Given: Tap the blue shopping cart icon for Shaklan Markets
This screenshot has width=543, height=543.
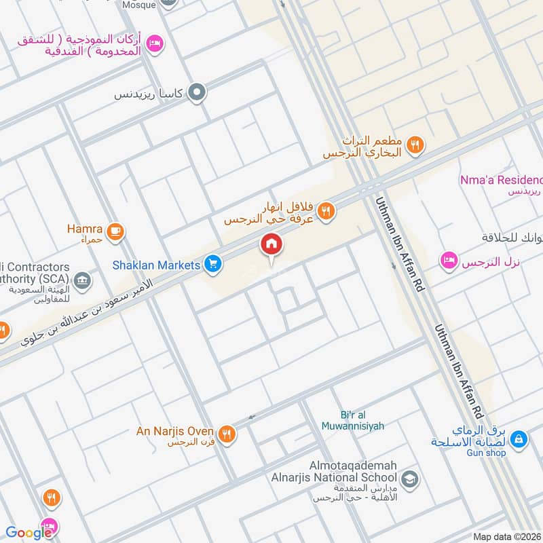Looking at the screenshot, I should [x=213, y=265].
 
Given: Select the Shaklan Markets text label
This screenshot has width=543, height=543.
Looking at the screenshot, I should [x=166, y=265].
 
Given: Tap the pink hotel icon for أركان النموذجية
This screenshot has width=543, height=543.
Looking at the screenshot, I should [x=154, y=43].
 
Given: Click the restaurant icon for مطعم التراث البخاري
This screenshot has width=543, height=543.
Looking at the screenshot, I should [x=416, y=144].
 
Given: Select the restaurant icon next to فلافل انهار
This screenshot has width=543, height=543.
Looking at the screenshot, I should [x=326, y=211].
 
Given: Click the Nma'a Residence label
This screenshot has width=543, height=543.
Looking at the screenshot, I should [x=511, y=180].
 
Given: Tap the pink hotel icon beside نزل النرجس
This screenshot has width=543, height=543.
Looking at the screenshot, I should [x=448, y=261].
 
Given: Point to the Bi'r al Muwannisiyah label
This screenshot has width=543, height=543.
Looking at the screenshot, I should [x=353, y=421].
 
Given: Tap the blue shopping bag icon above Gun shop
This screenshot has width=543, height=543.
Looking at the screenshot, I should [x=519, y=438].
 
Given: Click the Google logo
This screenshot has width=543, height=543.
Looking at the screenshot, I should [x=29, y=533].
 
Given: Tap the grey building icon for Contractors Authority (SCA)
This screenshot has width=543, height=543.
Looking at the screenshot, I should [x=82, y=280].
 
